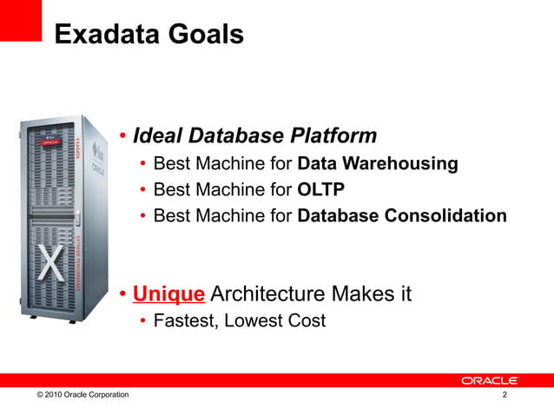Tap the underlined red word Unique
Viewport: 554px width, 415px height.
168,294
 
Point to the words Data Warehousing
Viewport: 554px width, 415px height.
377,164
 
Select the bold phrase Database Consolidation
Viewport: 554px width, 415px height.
401,215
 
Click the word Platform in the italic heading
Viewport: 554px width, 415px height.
333,136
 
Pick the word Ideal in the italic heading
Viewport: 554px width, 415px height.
161,136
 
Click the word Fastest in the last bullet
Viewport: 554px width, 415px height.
184,321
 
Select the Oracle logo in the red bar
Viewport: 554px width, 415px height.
490,380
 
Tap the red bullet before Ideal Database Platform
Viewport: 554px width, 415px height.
124,137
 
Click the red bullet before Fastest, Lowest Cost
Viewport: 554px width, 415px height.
143,322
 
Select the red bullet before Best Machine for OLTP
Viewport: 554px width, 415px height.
143,190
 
